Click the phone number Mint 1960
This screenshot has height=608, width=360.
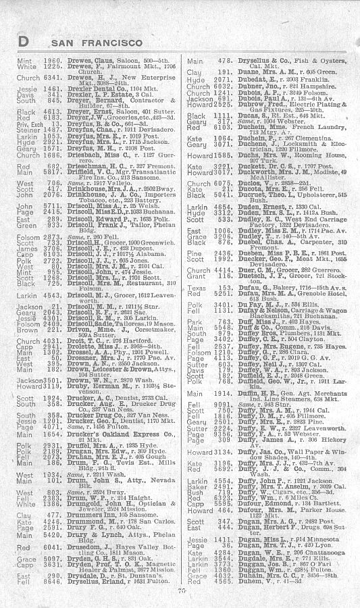point(30,61)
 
